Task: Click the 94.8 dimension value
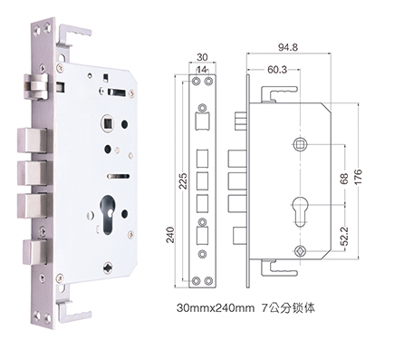point(288,47)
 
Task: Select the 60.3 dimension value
point(277,70)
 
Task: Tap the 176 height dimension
point(358,177)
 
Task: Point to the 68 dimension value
point(344,179)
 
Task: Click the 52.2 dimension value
point(344,236)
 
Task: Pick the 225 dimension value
point(183,180)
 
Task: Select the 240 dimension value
point(170,235)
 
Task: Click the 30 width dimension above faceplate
point(202,57)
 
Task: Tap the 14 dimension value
point(202,70)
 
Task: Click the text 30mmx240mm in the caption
point(216,308)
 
